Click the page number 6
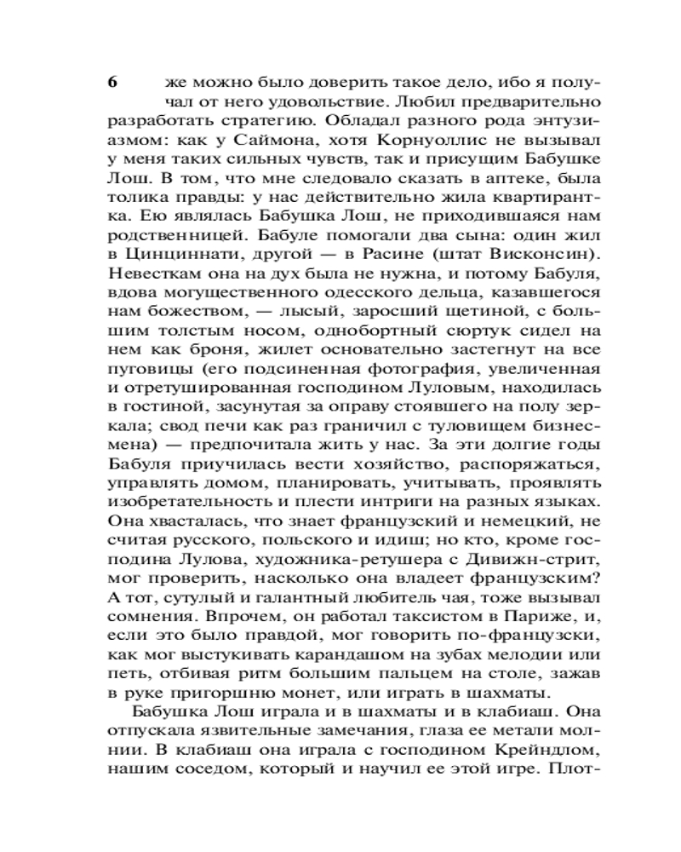click(112, 83)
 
